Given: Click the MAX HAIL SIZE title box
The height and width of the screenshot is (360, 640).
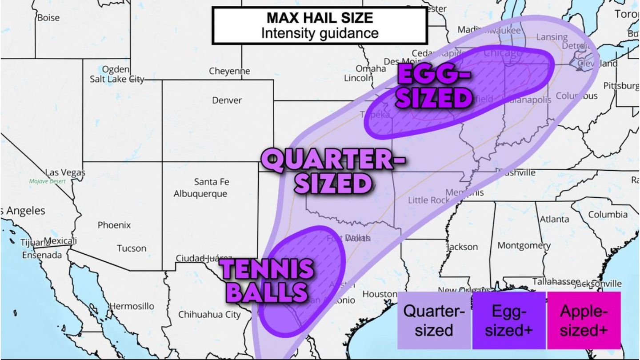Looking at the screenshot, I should point(320,25).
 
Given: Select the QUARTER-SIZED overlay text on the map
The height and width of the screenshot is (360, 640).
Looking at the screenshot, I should point(332,172).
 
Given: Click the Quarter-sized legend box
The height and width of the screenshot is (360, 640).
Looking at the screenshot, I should point(433,320).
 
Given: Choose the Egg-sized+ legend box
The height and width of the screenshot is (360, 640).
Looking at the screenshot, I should point(509,320).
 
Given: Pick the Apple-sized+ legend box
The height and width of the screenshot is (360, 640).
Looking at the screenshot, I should point(584,320).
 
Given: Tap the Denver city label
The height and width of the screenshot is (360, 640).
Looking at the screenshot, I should point(227,100).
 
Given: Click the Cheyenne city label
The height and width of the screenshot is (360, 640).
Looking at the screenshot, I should point(229,71).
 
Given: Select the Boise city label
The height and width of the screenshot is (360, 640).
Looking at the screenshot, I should point(48,18).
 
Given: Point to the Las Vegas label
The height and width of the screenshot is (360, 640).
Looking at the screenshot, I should point(64,172).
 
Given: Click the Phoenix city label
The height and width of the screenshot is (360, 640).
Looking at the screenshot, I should point(114,225).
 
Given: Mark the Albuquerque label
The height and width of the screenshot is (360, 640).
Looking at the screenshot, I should point(200,194).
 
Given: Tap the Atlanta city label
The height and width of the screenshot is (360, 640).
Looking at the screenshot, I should point(554,219).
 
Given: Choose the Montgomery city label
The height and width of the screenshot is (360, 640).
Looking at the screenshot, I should point(524,245).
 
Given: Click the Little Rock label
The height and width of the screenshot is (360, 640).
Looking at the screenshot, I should point(428,200).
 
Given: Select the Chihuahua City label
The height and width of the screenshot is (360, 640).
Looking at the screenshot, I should point(209,315).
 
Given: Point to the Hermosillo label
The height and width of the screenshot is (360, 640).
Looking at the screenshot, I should point(132,306).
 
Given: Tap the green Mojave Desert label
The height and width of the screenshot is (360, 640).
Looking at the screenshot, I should point(47,181).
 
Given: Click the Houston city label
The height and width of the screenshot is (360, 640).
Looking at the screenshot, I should point(380,294).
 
